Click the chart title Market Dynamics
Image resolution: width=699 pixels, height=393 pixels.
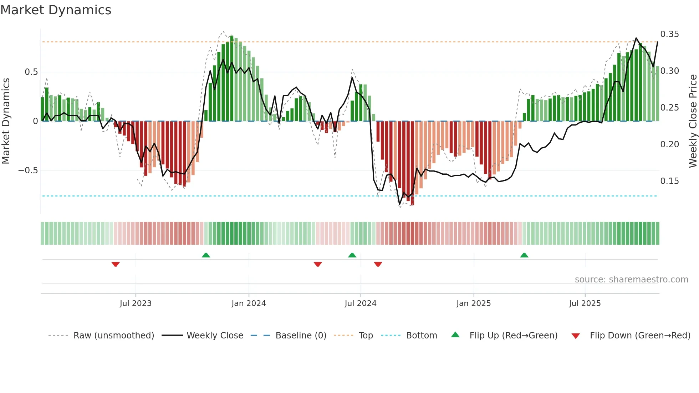(56, 10)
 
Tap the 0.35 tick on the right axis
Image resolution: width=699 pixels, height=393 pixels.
(669, 34)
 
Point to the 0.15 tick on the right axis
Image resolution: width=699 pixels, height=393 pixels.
(669, 181)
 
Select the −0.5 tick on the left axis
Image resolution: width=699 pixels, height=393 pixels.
(28, 170)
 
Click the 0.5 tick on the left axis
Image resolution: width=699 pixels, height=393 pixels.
(31, 72)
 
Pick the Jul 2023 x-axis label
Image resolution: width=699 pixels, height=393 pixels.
(136, 303)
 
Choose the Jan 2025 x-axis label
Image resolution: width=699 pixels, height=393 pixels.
(473, 303)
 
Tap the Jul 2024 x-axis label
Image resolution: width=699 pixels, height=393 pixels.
(360, 303)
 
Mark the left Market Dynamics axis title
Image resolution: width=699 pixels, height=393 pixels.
(6, 121)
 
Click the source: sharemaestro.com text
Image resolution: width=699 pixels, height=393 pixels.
(631, 280)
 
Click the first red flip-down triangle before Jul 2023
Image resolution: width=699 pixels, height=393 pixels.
(116, 264)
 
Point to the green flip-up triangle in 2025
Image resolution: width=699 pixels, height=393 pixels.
(524, 255)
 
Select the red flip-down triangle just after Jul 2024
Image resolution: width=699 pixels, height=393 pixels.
(378, 264)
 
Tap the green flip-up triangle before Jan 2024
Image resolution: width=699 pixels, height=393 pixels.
(206, 255)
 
